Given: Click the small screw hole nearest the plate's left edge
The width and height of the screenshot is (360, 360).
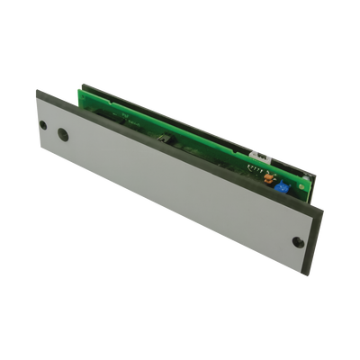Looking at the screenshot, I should [x=42, y=126].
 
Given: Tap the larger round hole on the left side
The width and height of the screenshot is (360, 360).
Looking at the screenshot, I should [x=62, y=134].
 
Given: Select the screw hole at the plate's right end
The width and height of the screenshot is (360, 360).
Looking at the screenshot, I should [x=298, y=241].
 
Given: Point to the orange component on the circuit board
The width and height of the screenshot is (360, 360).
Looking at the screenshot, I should [x=267, y=177].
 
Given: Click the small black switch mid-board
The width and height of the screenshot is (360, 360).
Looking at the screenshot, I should [x=163, y=139].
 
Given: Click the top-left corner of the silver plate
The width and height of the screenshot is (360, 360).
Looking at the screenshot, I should [x=38, y=92].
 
